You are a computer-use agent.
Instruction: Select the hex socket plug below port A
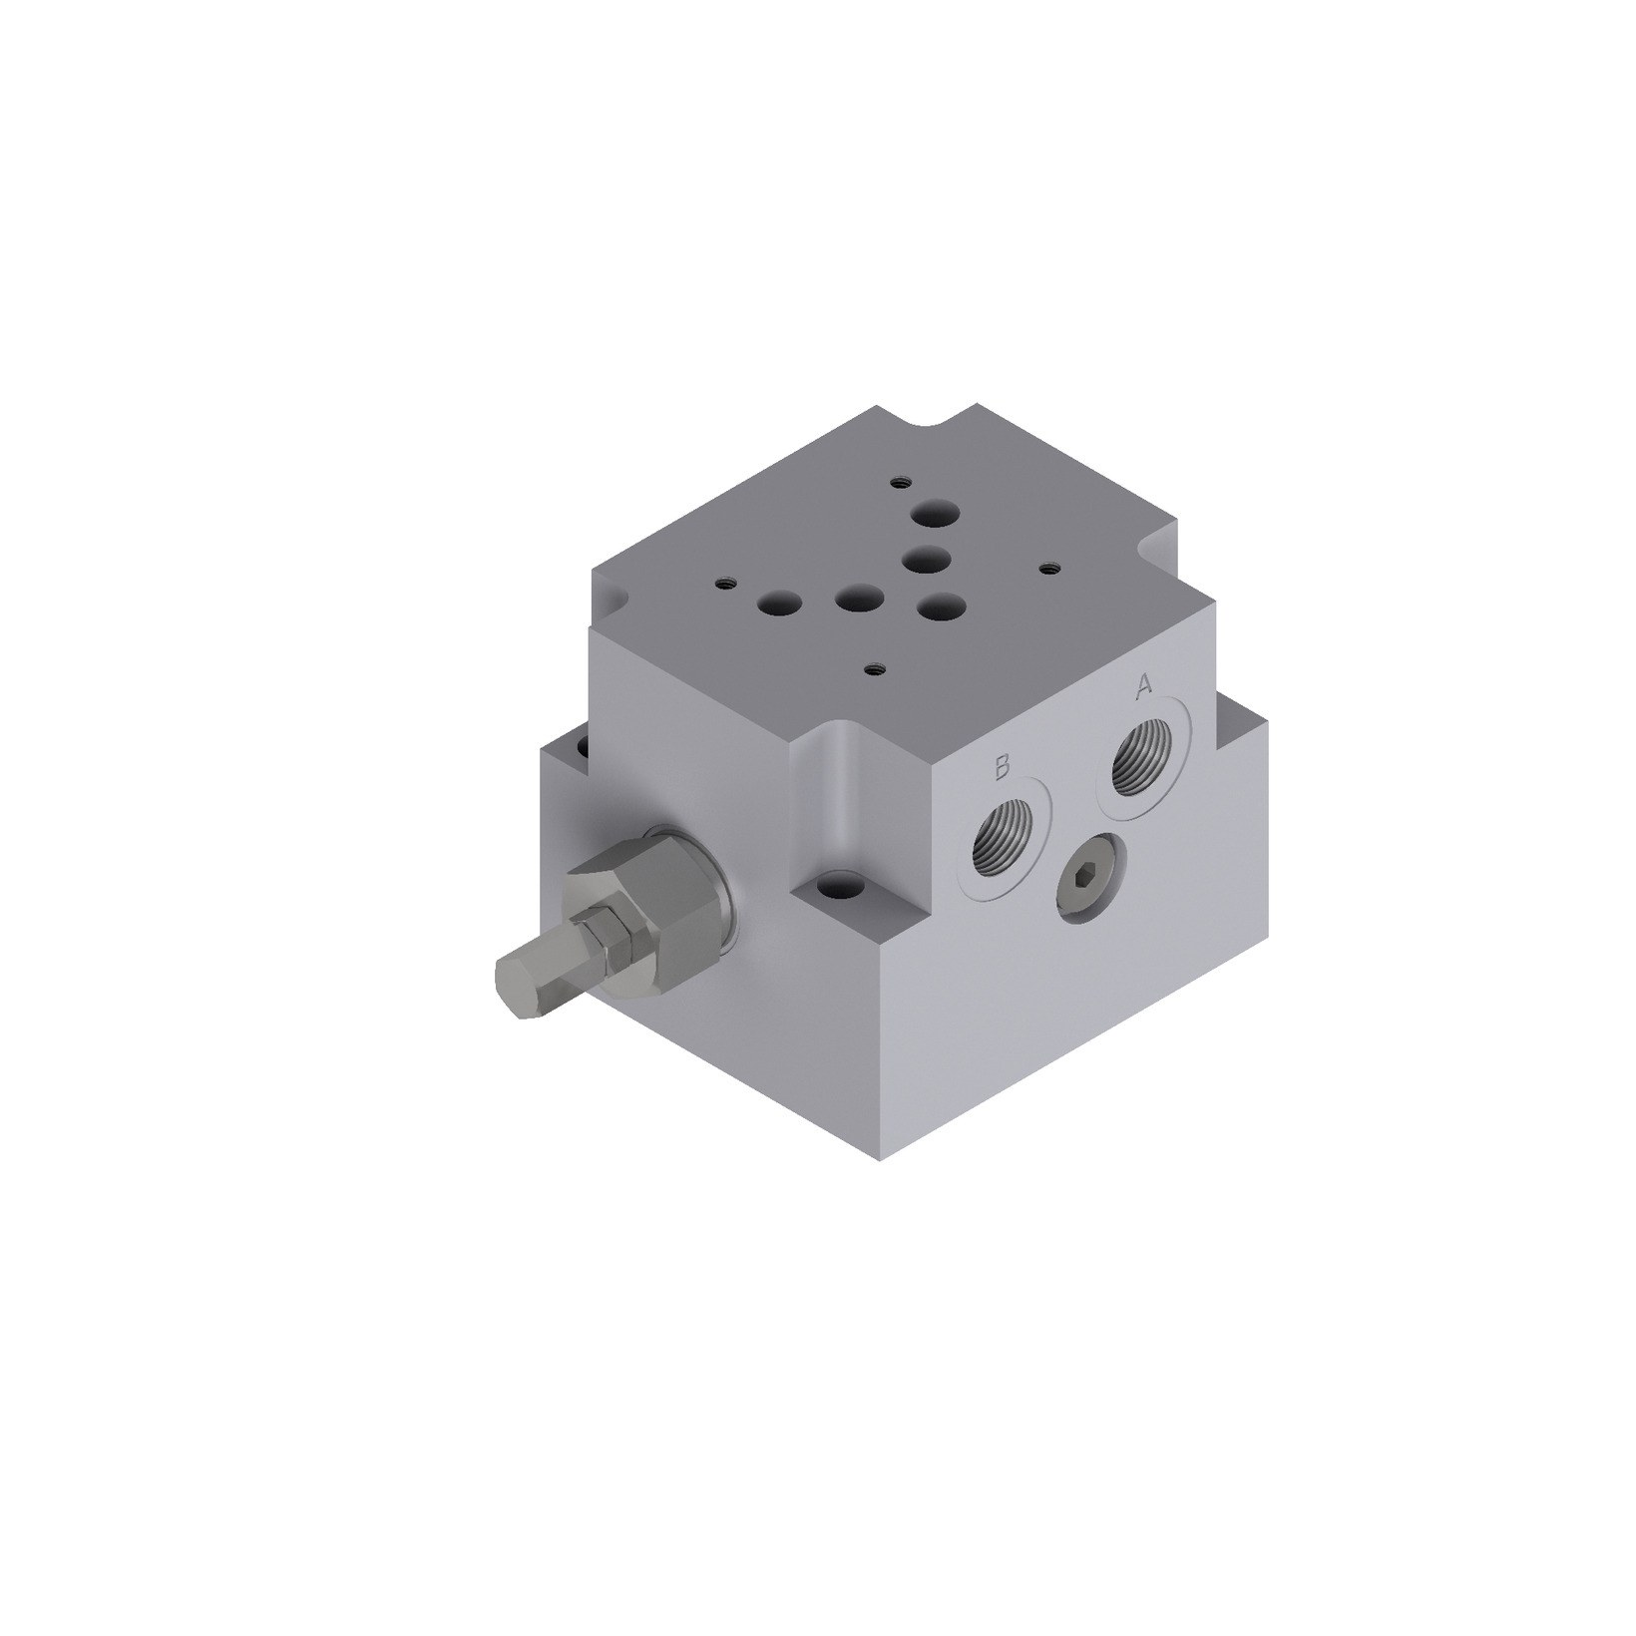click(1090, 878)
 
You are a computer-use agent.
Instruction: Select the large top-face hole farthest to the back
click(937, 515)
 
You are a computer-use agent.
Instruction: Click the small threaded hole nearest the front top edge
click(875, 668)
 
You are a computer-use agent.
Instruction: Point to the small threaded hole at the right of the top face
click(1047, 569)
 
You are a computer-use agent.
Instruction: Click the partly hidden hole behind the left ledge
click(582, 743)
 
